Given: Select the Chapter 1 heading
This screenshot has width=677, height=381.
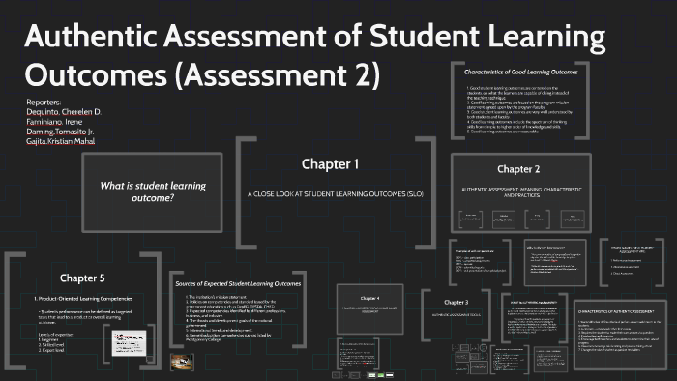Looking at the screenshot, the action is [x=329, y=163].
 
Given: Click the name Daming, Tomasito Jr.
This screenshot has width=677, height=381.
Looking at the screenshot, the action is [x=60, y=132].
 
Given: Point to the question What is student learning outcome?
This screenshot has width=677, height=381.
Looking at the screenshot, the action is [x=137, y=190].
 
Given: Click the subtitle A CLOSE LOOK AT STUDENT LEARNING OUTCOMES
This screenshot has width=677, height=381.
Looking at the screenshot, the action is [x=330, y=193].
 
